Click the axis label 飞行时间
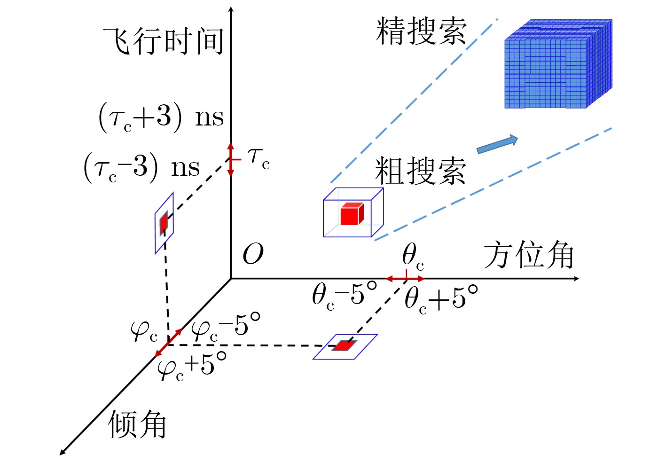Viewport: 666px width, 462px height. click(x=163, y=41)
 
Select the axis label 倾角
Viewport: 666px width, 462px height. click(x=137, y=424)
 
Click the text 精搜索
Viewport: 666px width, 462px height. click(x=421, y=31)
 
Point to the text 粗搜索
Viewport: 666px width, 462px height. click(x=420, y=171)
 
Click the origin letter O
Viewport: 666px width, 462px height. click(x=253, y=254)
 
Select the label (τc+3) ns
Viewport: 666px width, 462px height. click(x=161, y=117)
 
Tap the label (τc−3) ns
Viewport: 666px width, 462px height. click(x=141, y=167)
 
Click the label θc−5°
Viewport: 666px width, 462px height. click(x=345, y=296)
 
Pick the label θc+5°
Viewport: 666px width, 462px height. click(x=441, y=299)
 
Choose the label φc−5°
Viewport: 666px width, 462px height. click(x=226, y=327)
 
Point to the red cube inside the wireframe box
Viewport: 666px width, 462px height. click(x=352, y=214)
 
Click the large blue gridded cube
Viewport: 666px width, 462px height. click(x=558, y=64)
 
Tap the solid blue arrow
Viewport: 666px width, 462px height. click(x=497, y=144)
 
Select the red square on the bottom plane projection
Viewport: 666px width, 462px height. click(x=345, y=345)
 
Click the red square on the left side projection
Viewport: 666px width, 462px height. click(x=164, y=223)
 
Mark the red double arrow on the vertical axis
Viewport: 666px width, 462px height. click(x=231, y=160)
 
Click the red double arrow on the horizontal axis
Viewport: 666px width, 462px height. click(x=405, y=279)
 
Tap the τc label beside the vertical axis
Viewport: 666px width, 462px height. click(x=259, y=160)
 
